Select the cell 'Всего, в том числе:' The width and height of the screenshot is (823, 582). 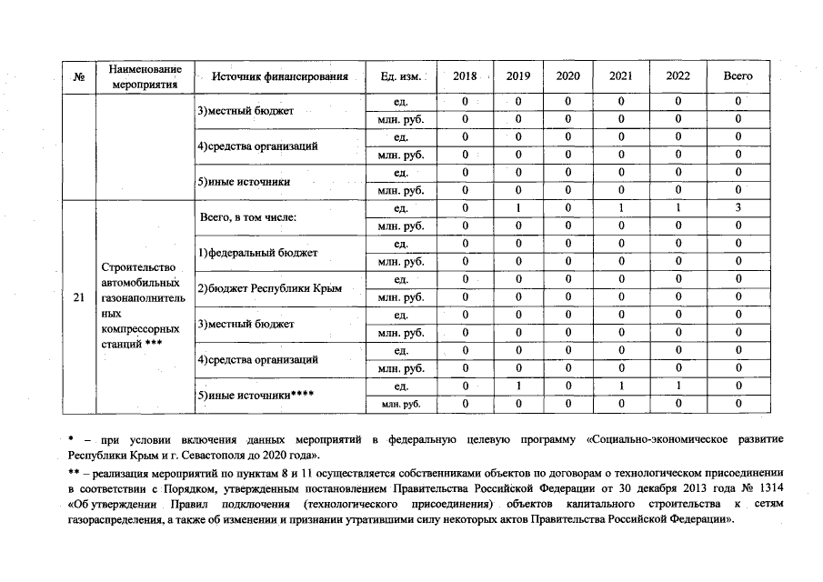click(x=248, y=217)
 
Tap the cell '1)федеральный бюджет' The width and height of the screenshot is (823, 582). click(x=257, y=253)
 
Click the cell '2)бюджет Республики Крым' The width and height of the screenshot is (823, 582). click(x=269, y=288)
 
